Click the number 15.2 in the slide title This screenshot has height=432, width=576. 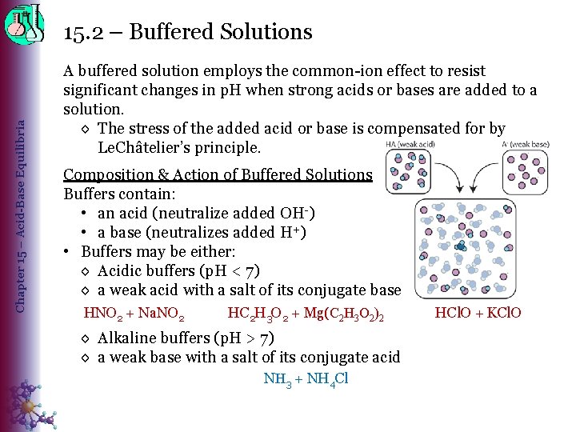click(x=83, y=32)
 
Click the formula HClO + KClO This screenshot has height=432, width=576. click(x=478, y=312)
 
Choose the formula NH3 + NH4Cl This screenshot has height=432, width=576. click(x=306, y=378)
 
